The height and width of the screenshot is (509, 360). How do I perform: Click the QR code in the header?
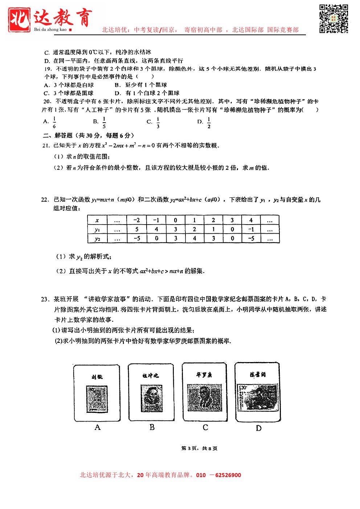[334, 19]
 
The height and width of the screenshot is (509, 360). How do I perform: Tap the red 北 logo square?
[19, 19]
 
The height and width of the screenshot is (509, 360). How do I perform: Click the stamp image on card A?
[97, 399]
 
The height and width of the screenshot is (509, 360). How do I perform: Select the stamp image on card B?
[151, 398]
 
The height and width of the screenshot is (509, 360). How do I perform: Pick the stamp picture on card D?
[258, 398]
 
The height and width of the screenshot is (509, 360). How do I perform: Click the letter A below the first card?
[97, 427]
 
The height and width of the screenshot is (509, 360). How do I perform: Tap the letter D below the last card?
[258, 428]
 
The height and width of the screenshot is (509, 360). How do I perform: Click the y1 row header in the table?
[97, 229]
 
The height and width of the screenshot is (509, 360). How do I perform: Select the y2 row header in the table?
[97, 238]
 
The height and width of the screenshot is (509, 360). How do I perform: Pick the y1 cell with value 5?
[137, 229]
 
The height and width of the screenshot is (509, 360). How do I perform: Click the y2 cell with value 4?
[195, 238]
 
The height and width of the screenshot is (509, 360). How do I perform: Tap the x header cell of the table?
[97, 220]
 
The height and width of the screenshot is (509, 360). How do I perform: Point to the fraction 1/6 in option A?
[54, 122]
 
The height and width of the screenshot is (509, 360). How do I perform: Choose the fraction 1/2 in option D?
[209, 123]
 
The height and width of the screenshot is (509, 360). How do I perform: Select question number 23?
[45, 299]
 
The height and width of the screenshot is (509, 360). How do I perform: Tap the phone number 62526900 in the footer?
[228, 475]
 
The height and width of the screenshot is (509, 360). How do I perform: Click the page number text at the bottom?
[199, 448]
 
